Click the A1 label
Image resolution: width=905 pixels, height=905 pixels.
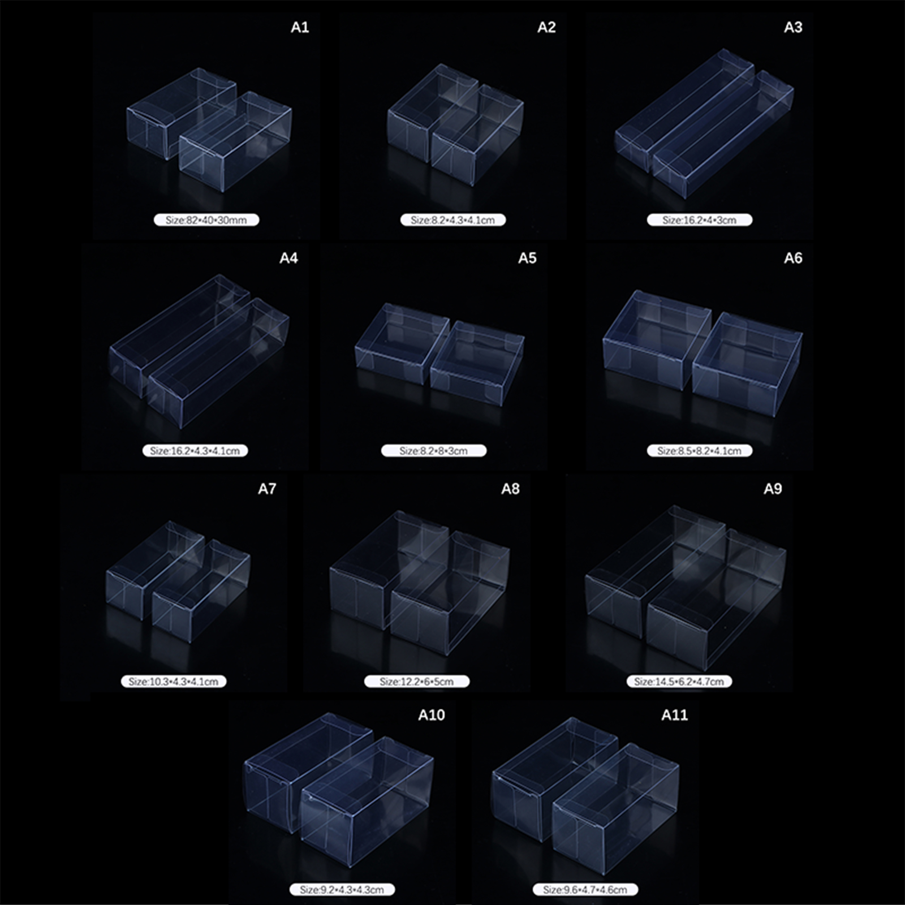pyautogui.click(x=300, y=28)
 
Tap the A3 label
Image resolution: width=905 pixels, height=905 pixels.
pyautogui.click(x=793, y=28)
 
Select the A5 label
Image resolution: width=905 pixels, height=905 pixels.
pyautogui.click(x=527, y=258)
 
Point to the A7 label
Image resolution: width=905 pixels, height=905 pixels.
pyautogui.click(x=267, y=489)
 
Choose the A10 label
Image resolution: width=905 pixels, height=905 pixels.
pyautogui.click(x=431, y=716)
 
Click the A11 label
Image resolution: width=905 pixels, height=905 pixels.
pyautogui.click(x=674, y=716)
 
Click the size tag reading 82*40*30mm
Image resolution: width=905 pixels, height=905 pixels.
pyautogui.click(x=206, y=220)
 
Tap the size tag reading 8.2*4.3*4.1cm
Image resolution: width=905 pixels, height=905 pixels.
pyautogui.click(x=453, y=220)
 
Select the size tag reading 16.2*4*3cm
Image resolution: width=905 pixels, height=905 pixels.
pyautogui.click(x=700, y=220)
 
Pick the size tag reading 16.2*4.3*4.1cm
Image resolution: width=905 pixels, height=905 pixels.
pyautogui.click(x=195, y=451)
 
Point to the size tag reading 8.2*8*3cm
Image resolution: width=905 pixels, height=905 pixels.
pyautogui.click(x=434, y=451)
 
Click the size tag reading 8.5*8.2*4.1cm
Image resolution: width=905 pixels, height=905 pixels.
pyautogui.click(x=700, y=451)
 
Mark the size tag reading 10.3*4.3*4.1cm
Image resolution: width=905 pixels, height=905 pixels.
pyautogui.click(x=174, y=682)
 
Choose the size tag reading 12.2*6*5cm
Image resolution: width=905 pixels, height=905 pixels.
pyautogui.click(x=417, y=682)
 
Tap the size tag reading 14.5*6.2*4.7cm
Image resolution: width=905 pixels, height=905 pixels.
pyautogui.click(x=679, y=682)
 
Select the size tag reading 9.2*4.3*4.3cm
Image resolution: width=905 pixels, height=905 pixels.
pyautogui.click(x=342, y=890)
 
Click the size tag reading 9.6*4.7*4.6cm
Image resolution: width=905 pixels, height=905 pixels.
pyautogui.click(x=585, y=890)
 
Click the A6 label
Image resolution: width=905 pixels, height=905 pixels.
pyautogui.click(x=793, y=258)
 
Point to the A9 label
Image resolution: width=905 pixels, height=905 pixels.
pyautogui.click(x=773, y=489)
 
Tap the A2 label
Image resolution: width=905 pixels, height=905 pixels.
pyautogui.click(x=546, y=28)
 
